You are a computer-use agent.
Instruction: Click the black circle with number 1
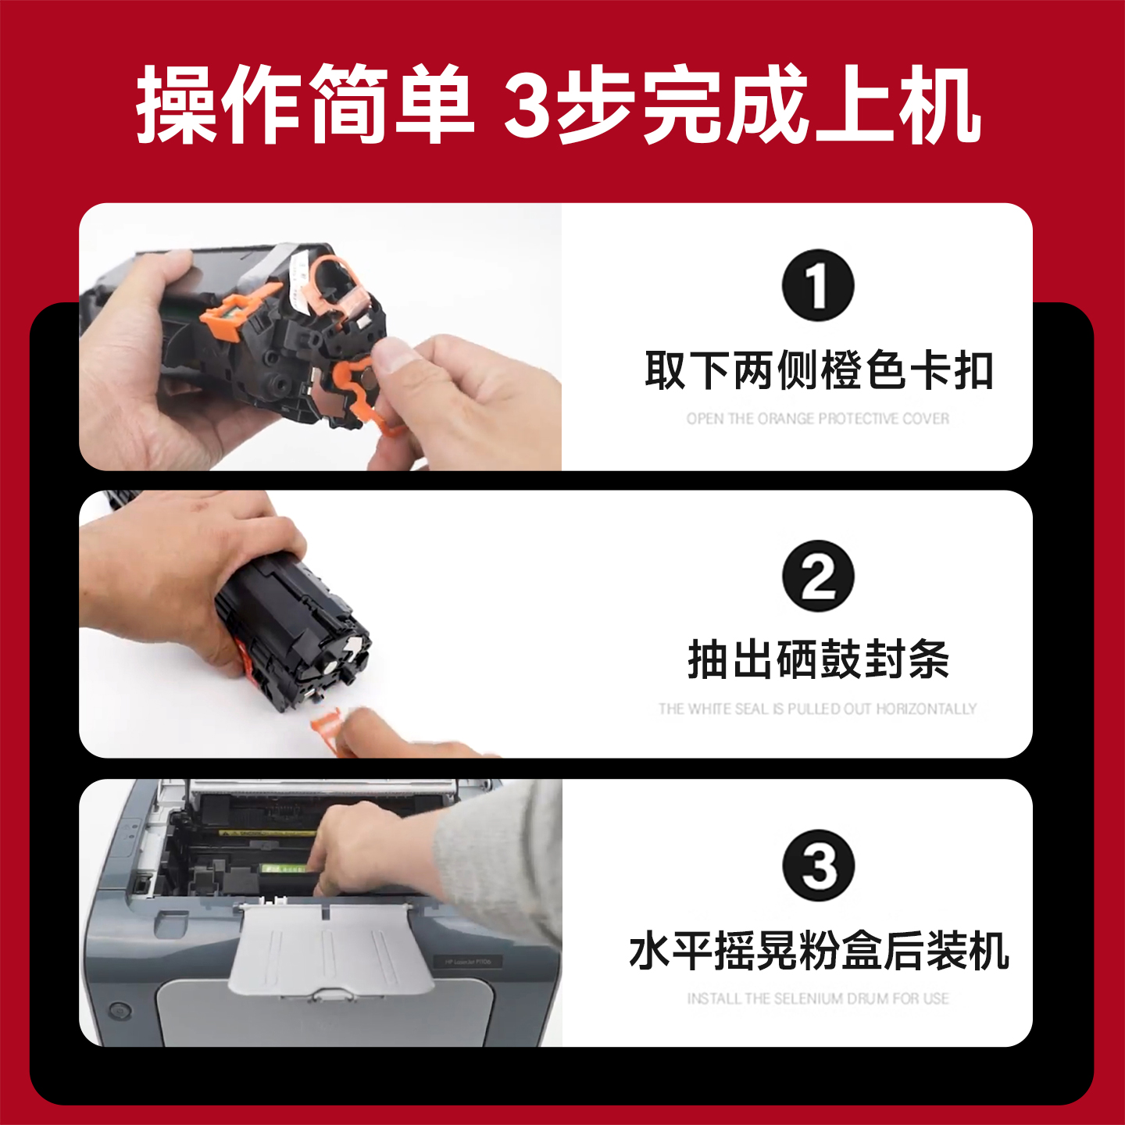click(818, 285)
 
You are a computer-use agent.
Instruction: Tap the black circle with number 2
click(818, 576)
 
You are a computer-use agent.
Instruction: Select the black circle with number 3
click(819, 866)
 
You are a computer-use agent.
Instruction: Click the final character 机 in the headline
click(940, 105)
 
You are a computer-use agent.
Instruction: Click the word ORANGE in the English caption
click(785, 419)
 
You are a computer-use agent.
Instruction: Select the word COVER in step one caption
click(926, 419)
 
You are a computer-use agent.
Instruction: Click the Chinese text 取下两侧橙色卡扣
click(818, 370)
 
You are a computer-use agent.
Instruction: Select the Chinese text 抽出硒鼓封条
click(818, 659)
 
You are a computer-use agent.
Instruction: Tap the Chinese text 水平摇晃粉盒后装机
click(818, 951)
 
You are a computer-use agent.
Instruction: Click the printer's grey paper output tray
click(328, 949)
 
